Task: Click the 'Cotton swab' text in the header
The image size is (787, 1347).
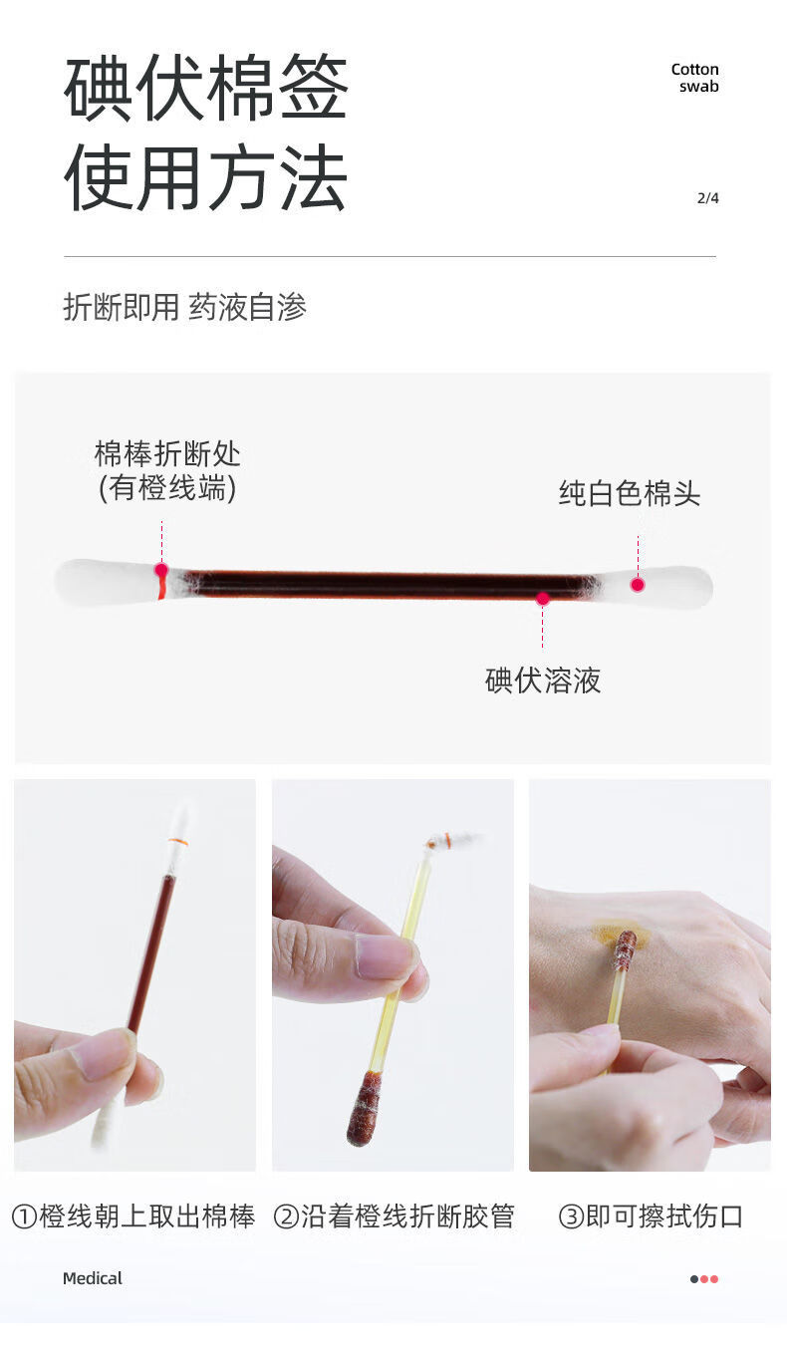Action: pyautogui.click(x=694, y=78)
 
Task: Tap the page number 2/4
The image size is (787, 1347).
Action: pyautogui.click(x=707, y=198)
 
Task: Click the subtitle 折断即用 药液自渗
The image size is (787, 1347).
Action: pyautogui.click(x=185, y=307)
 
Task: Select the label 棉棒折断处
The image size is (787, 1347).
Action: pyautogui.click(x=167, y=455)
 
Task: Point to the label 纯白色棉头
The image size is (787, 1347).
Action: pyautogui.click(x=629, y=494)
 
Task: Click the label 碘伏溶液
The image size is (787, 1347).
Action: pyautogui.click(x=543, y=681)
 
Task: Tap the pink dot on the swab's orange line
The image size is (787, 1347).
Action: pyautogui.click(x=161, y=571)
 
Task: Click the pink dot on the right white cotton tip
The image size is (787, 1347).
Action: pyautogui.click(x=638, y=585)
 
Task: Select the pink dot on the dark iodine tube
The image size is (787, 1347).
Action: pyautogui.click(x=543, y=599)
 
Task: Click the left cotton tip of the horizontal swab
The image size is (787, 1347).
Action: pyautogui.click(x=100, y=583)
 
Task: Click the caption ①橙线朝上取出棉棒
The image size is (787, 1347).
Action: pyautogui.click(x=133, y=1216)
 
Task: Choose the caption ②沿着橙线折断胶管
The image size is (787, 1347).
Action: pyautogui.click(x=393, y=1216)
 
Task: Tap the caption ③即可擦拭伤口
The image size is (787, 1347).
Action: pyautogui.click(x=651, y=1216)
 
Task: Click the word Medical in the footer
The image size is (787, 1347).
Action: pyautogui.click(x=93, y=1278)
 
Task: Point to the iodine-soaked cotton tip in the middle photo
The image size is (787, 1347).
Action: pyautogui.click(x=364, y=1108)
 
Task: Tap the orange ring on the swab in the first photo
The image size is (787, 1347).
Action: pyautogui.click(x=178, y=843)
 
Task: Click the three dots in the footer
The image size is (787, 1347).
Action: pyautogui.click(x=704, y=1279)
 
